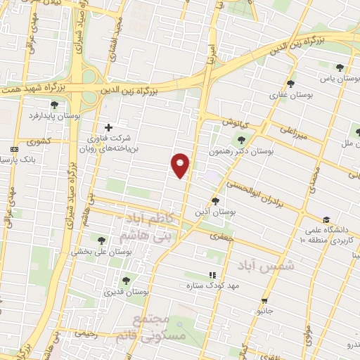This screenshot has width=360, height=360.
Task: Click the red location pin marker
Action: [181, 165]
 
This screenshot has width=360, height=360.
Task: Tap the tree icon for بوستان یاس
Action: [340, 67]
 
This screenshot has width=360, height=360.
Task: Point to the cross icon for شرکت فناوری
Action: [108, 127]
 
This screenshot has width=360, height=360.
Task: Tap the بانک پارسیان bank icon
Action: [15, 149]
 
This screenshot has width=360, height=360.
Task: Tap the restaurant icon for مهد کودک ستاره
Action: [211, 275]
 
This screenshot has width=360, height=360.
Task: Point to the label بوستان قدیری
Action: [124, 290]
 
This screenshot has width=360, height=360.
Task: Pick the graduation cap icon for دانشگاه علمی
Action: [326, 220]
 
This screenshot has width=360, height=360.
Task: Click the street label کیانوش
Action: [237, 121]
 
